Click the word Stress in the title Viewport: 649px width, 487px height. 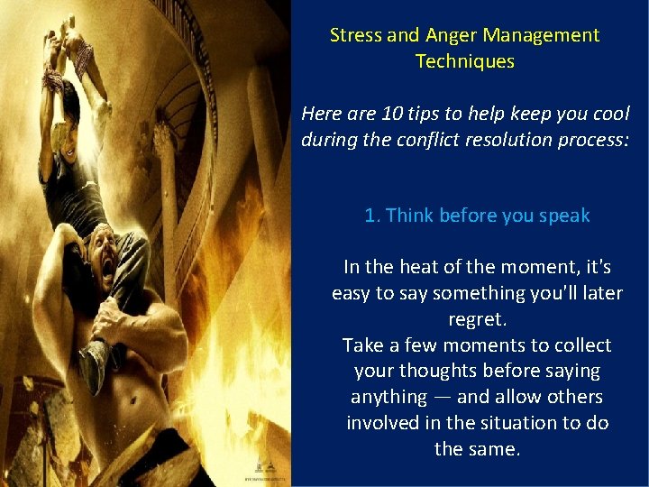click(355, 35)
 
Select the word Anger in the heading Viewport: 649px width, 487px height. click(449, 35)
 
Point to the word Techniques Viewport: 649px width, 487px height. click(464, 61)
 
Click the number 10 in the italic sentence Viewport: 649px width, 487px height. click(392, 115)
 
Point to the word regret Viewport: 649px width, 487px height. click(477, 319)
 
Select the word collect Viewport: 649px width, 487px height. click(578, 345)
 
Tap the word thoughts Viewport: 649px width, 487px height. click(441, 371)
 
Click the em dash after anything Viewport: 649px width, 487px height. click(440, 397)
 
